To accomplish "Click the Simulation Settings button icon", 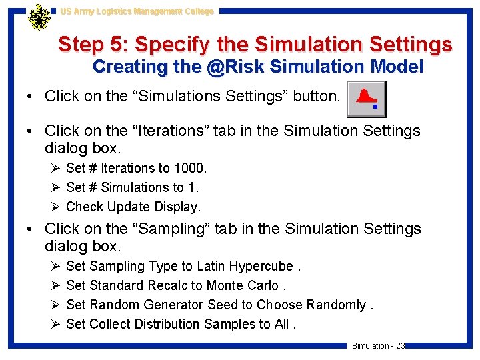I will (x=367, y=99).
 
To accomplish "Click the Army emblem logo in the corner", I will (x=39, y=18).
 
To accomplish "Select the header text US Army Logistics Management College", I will (x=137, y=11).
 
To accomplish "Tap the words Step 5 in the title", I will (x=92, y=45).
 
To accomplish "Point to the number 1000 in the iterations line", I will (x=189, y=168).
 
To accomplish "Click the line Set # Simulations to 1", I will (x=132, y=187).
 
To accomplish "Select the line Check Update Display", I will (x=133, y=207).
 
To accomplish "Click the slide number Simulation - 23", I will (x=378, y=345).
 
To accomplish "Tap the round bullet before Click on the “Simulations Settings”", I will (x=31, y=96).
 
